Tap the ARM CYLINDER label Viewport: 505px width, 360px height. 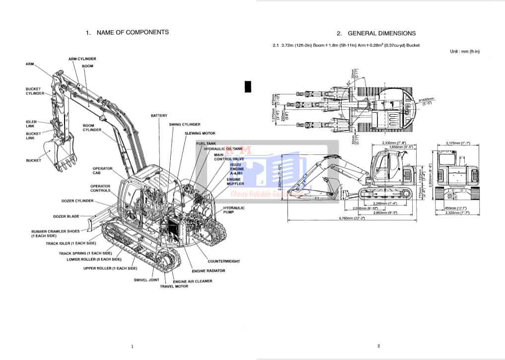coord(82,59)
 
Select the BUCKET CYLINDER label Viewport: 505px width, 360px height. coord(34,91)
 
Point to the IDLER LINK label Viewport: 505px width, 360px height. coord(31,124)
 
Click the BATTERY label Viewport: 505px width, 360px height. coord(159,116)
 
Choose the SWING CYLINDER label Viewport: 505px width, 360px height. coord(185,124)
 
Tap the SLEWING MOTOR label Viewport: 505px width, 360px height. coord(200,133)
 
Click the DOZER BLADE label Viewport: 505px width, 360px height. coord(66,216)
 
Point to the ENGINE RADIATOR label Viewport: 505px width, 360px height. coord(209,271)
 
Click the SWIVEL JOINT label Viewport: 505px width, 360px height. coord(146,280)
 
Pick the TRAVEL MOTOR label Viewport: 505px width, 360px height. coord(174,287)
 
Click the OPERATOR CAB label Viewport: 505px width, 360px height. coord(102,171)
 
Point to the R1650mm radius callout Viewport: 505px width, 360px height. coord(426,100)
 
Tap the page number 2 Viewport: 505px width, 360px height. coord(378,346)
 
